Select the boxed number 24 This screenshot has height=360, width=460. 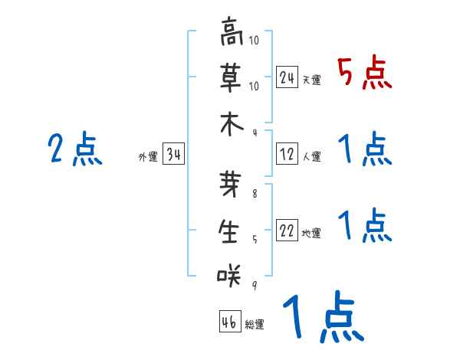[x=287, y=77]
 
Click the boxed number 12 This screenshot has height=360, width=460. [x=287, y=153]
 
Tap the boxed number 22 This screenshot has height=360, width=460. [x=287, y=230]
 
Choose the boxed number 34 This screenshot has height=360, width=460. [x=173, y=155]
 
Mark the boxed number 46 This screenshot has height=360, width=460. [x=228, y=321]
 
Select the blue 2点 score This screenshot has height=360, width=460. [x=74, y=149]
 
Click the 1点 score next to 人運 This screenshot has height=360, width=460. [x=364, y=149]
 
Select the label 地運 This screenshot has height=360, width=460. [x=311, y=233]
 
